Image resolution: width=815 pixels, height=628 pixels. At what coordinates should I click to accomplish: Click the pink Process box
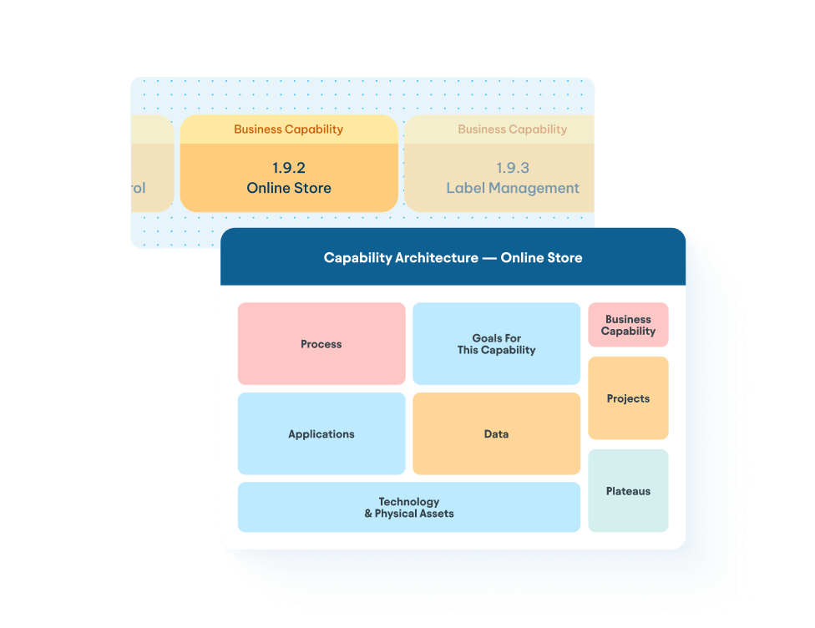coord(321,344)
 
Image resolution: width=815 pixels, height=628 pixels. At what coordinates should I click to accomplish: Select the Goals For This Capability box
coord(496,344)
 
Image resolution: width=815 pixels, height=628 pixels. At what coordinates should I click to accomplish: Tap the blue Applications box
coord(321,434)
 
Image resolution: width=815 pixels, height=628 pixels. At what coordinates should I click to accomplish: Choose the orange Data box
coord(496,434)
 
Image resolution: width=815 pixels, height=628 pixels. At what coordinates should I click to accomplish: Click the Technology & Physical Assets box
coord(408,507)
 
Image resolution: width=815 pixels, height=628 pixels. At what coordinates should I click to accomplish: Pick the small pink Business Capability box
coord(628,325)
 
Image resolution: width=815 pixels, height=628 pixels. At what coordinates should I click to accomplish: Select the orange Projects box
coord(628,398)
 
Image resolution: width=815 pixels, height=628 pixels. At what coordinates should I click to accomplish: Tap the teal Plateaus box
coord(628,491)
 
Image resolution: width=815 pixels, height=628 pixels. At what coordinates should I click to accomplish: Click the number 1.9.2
coord(289,168)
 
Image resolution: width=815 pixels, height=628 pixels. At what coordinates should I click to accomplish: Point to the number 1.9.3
coord(513,168)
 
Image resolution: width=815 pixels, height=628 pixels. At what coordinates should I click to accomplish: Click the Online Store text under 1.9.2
coord(289,188)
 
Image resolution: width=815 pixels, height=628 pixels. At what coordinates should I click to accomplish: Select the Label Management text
coord(513,188)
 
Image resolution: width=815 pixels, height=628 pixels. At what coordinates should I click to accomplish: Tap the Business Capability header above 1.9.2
coord(288,129)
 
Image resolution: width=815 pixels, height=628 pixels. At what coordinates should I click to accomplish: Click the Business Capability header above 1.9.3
coord(512,129)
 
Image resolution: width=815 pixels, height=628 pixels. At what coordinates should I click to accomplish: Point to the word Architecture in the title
coord(438,258)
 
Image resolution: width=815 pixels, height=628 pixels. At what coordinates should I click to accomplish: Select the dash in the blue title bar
coord(489,258)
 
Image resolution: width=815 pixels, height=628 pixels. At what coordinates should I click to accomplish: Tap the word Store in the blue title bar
coord(564,258)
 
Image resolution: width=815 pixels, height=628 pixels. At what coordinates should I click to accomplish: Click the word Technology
coord(409,502)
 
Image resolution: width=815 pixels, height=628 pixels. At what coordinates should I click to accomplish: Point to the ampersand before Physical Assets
coord(368,514)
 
